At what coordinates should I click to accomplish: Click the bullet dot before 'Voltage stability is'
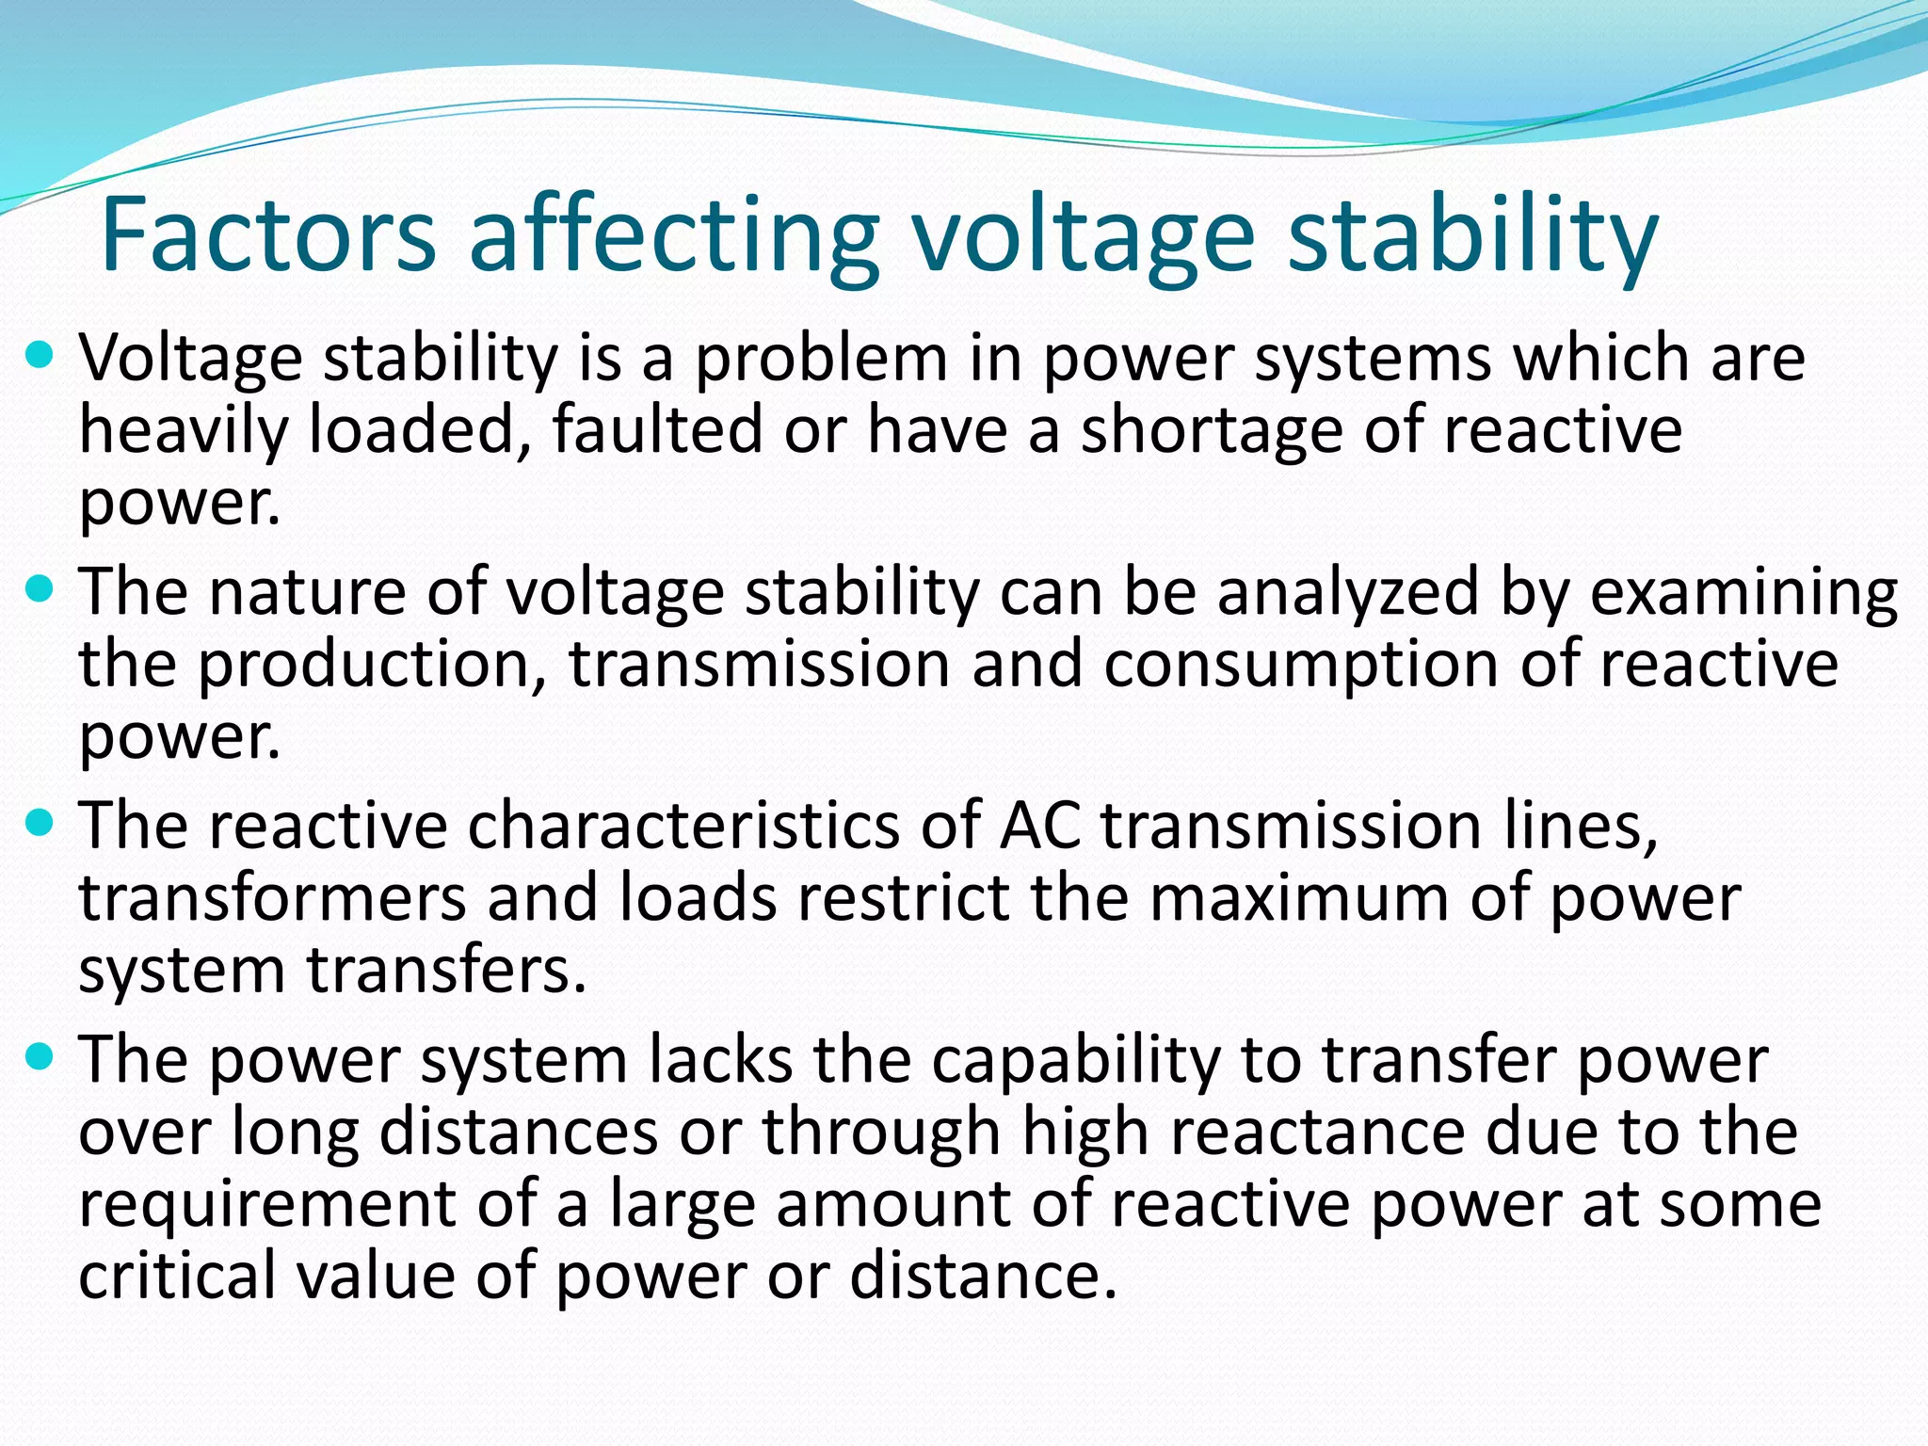[40, 358]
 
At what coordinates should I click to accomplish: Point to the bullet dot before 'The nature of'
[40, 591]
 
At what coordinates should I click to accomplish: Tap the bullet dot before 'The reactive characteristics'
[40, 825]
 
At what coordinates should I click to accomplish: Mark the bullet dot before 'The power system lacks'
[40, 1058]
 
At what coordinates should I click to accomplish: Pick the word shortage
[1211, 431]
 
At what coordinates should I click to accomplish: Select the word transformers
[272, 898]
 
